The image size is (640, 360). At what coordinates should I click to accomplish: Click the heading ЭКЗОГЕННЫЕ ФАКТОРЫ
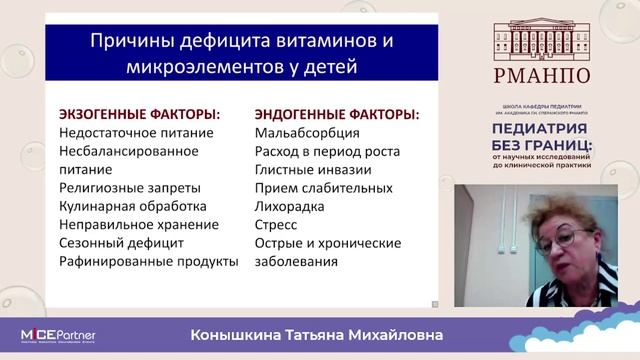pos(140,114)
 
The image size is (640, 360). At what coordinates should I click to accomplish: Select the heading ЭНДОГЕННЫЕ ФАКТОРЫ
pos(337,114)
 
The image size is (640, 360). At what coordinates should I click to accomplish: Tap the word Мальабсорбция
pos(306,132)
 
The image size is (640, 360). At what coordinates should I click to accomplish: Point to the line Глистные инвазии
pos(313,169)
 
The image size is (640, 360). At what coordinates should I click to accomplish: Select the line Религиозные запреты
pos(130,187)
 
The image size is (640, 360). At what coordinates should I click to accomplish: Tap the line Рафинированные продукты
pos(149,261)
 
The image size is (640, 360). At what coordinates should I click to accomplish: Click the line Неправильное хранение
pos(138,224)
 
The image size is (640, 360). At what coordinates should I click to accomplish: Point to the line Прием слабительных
pos(319,187)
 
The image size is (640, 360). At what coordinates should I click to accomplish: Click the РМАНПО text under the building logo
pos(541,75)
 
